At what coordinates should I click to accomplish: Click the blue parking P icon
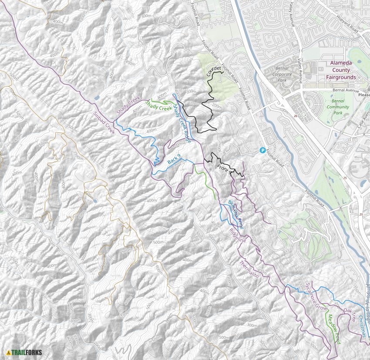[262, 150]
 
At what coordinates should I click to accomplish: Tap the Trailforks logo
[24, 352]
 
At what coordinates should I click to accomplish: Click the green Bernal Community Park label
[335, 107]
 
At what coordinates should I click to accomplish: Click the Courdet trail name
[214, 71]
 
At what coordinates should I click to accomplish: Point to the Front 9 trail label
[222, 169]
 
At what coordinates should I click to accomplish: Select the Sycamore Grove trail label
[316, 296]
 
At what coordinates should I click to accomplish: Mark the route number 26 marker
[295, 116]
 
